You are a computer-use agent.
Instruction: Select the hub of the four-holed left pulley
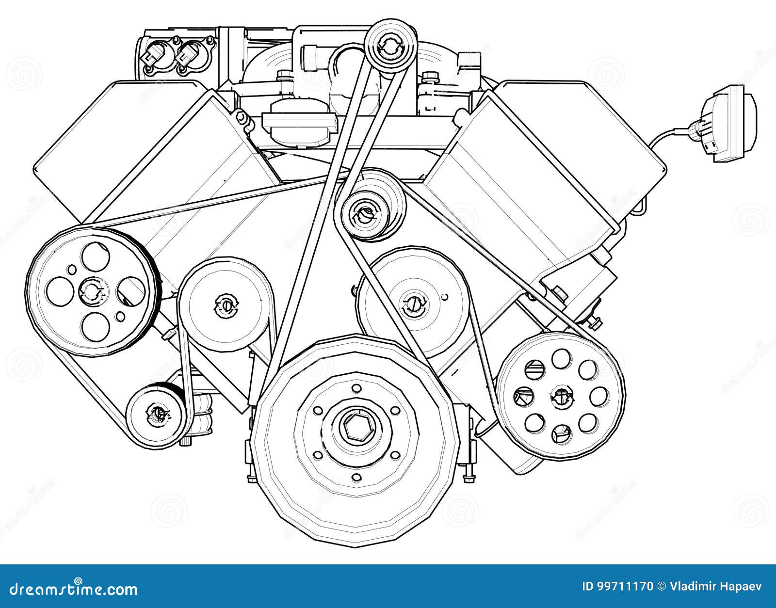pos(91,291)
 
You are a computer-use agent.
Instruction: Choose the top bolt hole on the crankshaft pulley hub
pos(357,388)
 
